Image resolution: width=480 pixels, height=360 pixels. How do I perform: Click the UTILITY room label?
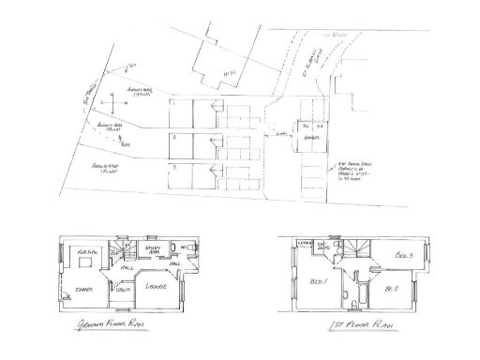pos(121,292)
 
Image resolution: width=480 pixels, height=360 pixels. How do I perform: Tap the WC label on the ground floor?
pos(186,248)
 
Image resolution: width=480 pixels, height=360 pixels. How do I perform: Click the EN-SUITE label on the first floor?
pos(323,247)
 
